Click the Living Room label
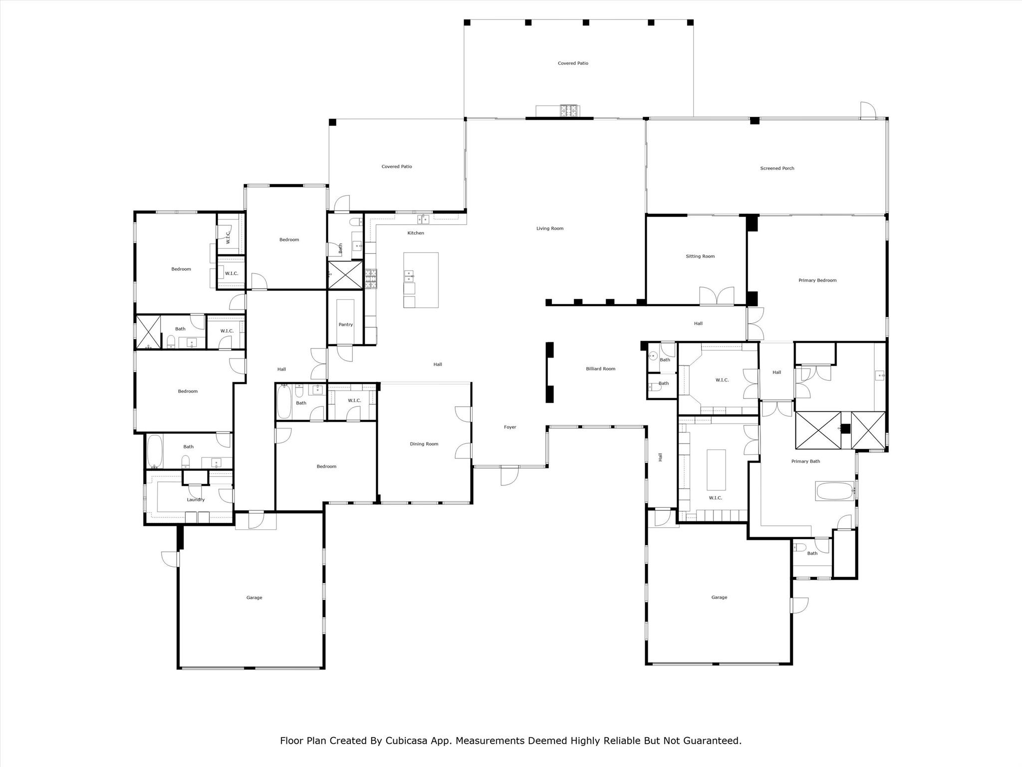pyautogui.click(x=549, y=229)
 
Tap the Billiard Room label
pyautogui.click(x=600, y=369)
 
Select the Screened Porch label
pyautogui.click(x=777, y=168)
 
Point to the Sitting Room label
pyautogui.click(x=700, y=256)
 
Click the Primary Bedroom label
pyautogui.click(x=817, y=280)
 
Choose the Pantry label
pyautogui.click(x=345, y=325)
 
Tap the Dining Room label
pyautogui.click(x=424, y=444)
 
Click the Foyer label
pyautogui.click(x=510, y=427)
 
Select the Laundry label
pyautogui.click(x=196, y=500)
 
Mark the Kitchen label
pyautogui.click(x=415, y=233)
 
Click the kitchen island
pyautogui.click(x=421, y=280)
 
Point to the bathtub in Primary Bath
pyautogui.click(x=834, y=491)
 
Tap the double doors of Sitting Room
pyautogui.click(x=716, y=296)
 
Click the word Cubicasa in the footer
pyautogui.click(x=405, y=741)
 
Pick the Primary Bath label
pyautogui.click(x=805, y=461)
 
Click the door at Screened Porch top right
pyautogui.click(x=867, y=111)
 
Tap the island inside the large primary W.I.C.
pyautogui.click(x=716, y=470)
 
